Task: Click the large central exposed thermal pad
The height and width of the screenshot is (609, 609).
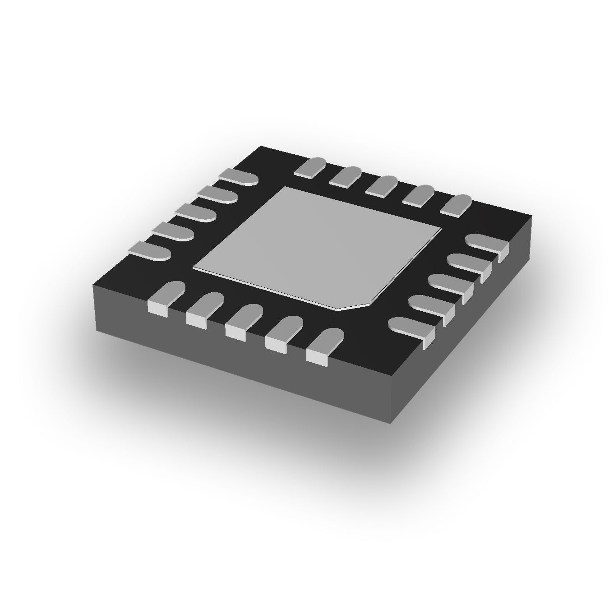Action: tap(316, 246)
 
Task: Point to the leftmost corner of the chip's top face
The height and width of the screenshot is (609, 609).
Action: tap(93, 285)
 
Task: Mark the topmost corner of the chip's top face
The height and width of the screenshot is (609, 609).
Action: tap(261, 146)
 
